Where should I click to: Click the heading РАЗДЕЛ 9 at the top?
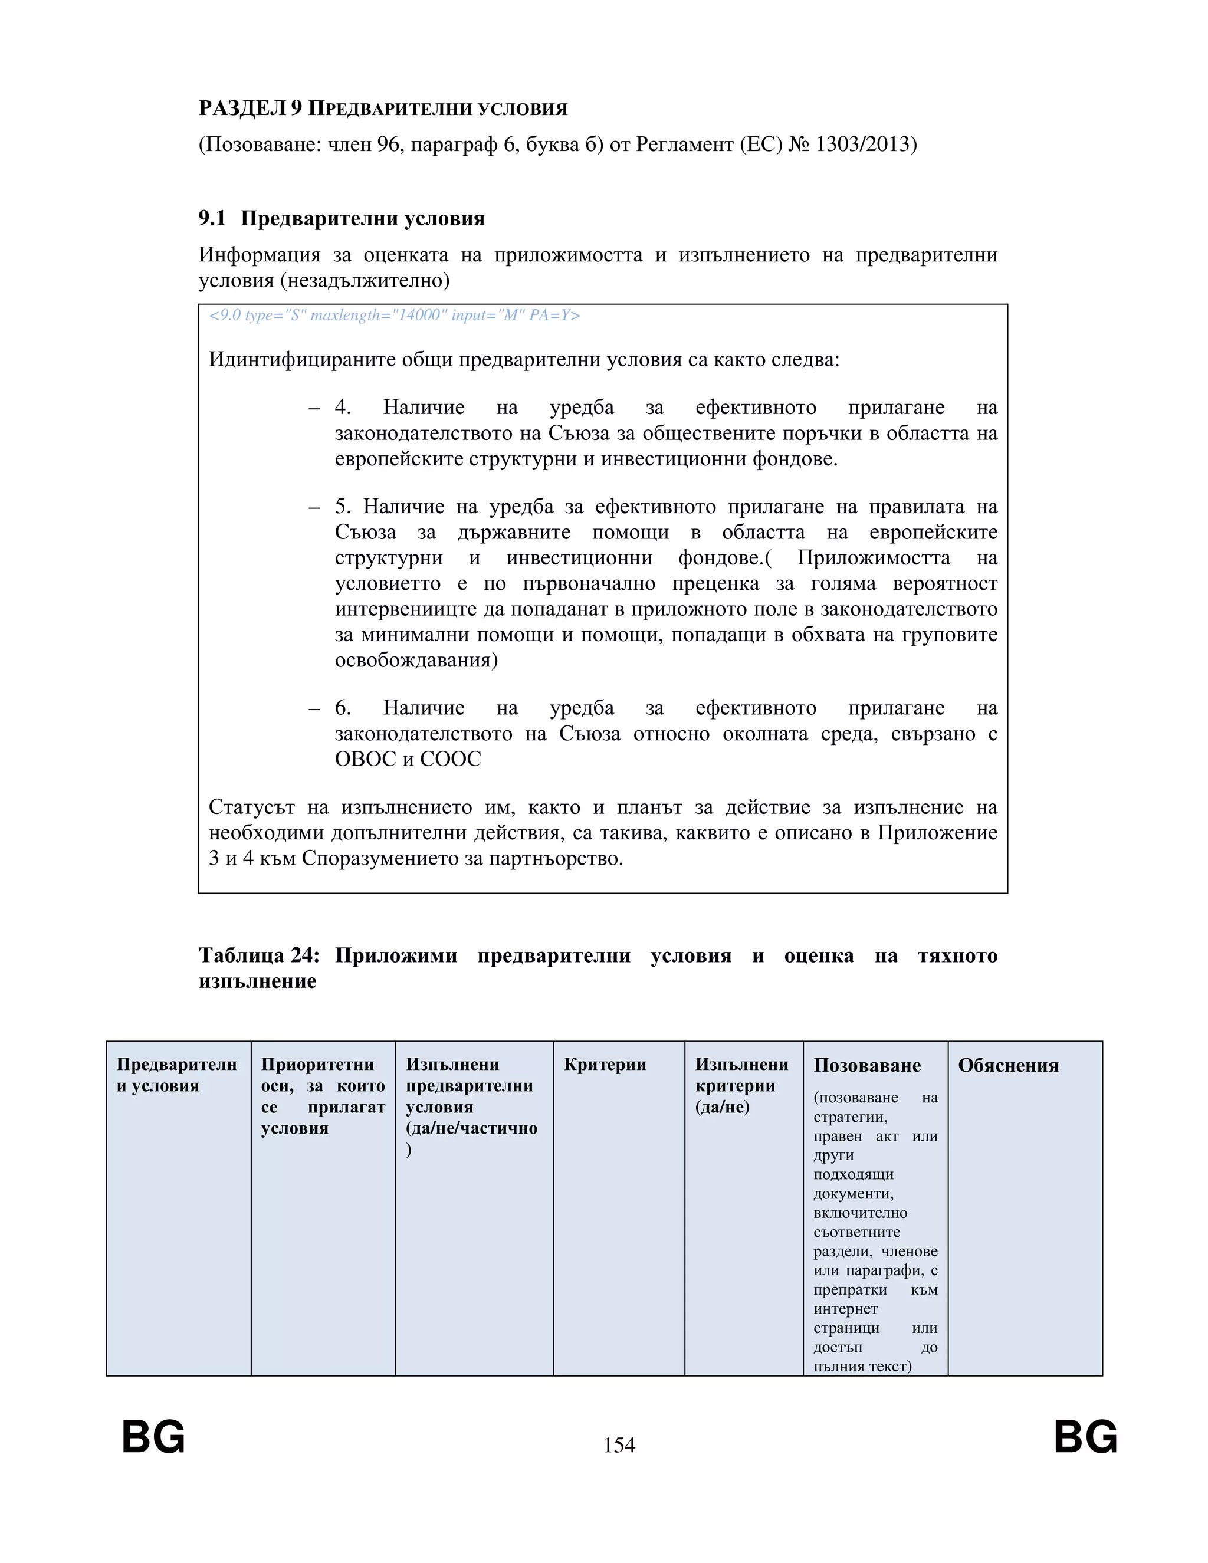point(251,108)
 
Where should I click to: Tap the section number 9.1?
point(212,218)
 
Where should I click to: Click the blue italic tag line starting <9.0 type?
point(393,316)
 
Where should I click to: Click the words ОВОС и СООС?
point(408,759)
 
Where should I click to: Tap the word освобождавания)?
point(416,660)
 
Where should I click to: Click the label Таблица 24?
point(259,955)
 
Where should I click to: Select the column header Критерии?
point(605,1064)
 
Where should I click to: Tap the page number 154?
point(619,1445)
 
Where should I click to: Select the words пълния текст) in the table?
point(862,1366)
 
